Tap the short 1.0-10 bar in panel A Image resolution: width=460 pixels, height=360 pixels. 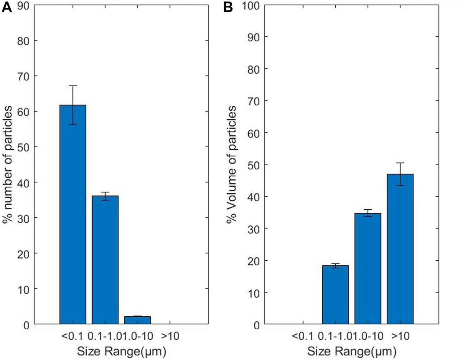(137, 320)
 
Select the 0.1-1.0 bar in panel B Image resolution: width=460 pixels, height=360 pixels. (335, 295)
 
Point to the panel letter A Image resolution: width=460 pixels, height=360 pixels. (7, 7)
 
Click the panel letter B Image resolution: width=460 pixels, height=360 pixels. (228, 7)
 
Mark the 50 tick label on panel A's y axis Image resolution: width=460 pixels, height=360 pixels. (24, 147)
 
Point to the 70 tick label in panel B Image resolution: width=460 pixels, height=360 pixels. (253, 101)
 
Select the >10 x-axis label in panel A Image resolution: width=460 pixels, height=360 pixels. (170, 336)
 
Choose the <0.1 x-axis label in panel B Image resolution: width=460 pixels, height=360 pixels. (303, 336)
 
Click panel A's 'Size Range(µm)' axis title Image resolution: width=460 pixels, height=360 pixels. (122, 351)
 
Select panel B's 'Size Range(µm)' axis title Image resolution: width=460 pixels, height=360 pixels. (352, 351)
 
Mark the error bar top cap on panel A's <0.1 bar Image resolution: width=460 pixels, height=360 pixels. (73, 86)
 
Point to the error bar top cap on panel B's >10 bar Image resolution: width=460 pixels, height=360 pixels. (400, 163)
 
